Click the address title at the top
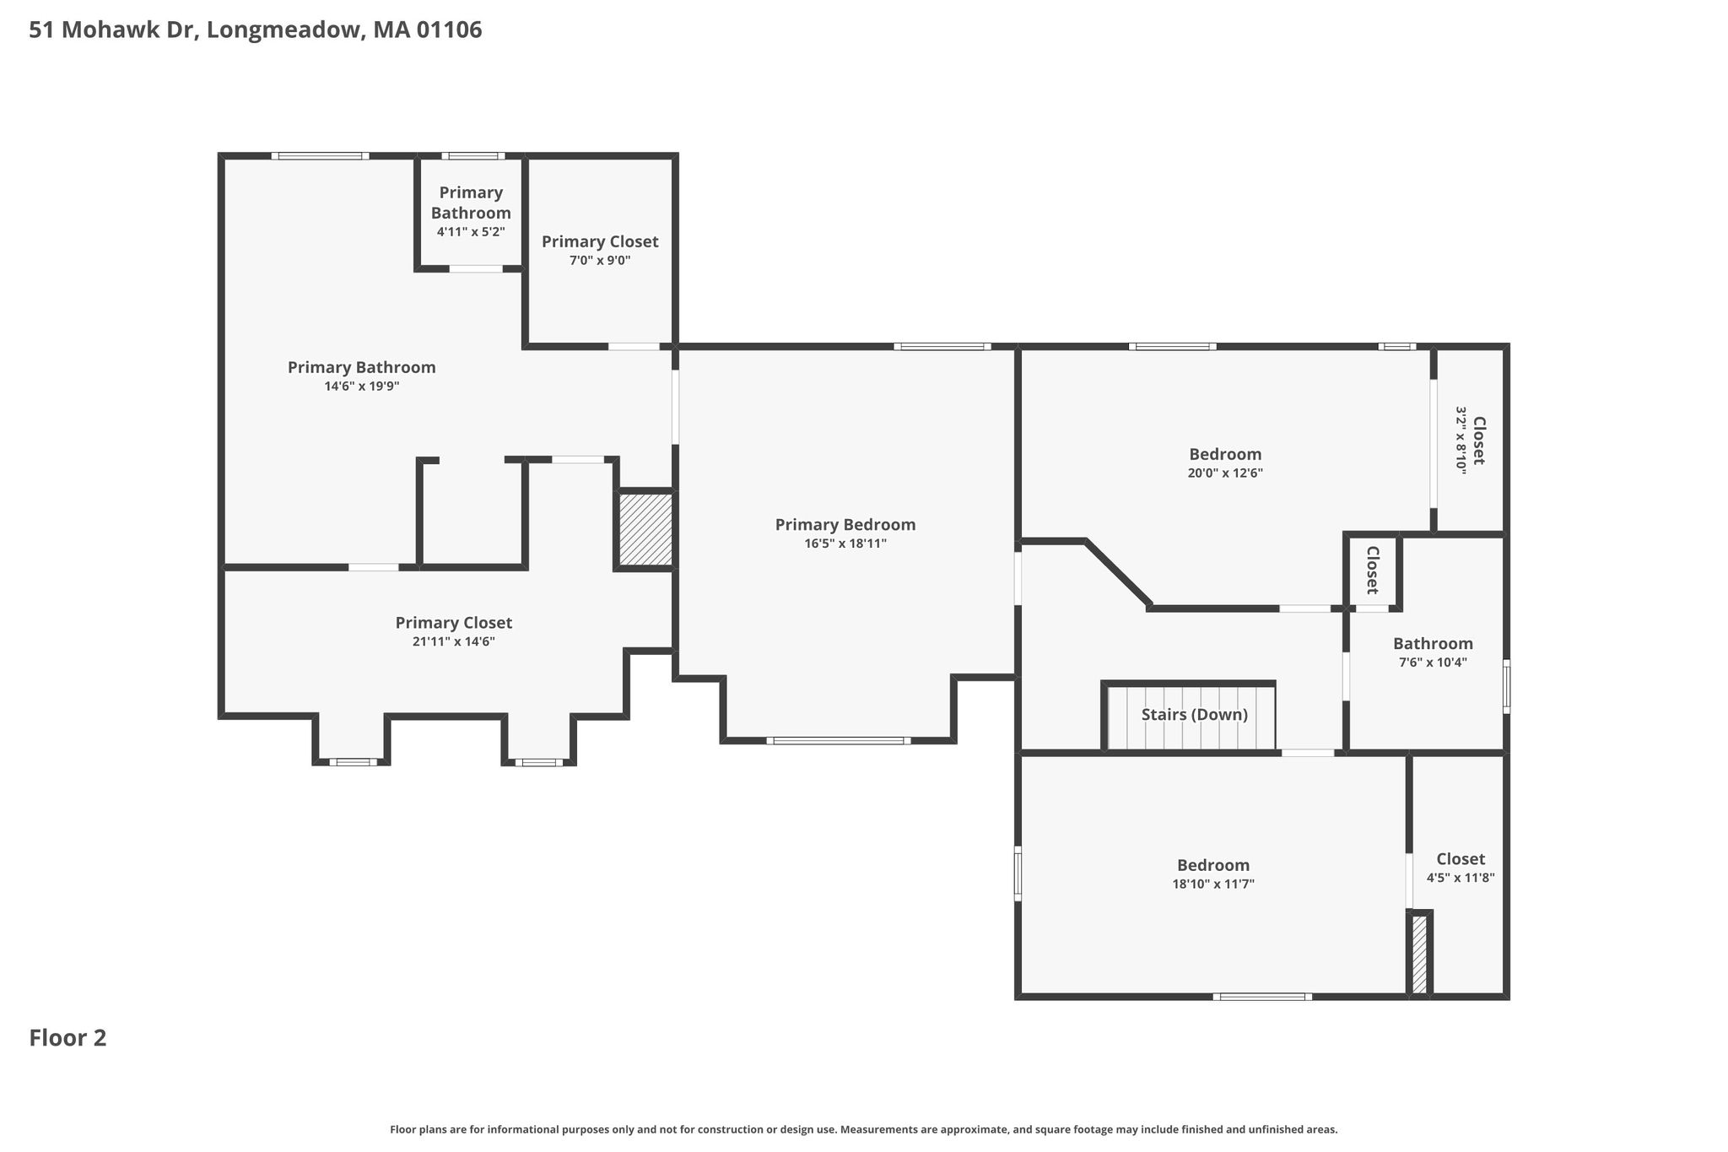pyautogui.click(x=256, y=30)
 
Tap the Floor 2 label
pyautogui.click(x=68, y=1038)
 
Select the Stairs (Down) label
pyautogui.click(x=1194, y=715)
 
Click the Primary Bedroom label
pyautogui.click(x=845, y=525)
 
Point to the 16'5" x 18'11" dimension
pyautogui.click(x=845, y=544)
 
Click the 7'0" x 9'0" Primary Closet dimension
pyautogui.click(x=600, y=261)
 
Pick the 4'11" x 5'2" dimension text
pyautogui.click(x=471, y=232)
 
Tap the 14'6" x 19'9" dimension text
pyautogui.click(x=362, y=387)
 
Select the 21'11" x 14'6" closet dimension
pyautogui.click(x=454, y=641)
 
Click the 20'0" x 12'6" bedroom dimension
pyautogui.click(x=1225, y=473)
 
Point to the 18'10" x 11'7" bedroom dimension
pyautogui.click(x=1213, y=884)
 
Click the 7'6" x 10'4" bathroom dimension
pyautogui.click(x=1433, y=663)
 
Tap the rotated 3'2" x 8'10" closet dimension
pyautogui.click(x=1461, y=441)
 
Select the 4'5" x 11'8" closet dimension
pyautogui.click(x=1461, y=878)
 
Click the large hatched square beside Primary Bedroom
pyautogui.click(x=646, y=529)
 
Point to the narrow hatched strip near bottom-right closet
pyautogui.click(x=1419, y=954)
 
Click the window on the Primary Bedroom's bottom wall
pyautogui.click(x=839, y=741)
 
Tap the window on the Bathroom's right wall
pyautogui.click(x=1507, y=686)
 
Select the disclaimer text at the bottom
pyautogui.click(x=864, y=1130)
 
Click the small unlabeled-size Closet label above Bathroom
pyautogui.click(x=1372, y=570)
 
